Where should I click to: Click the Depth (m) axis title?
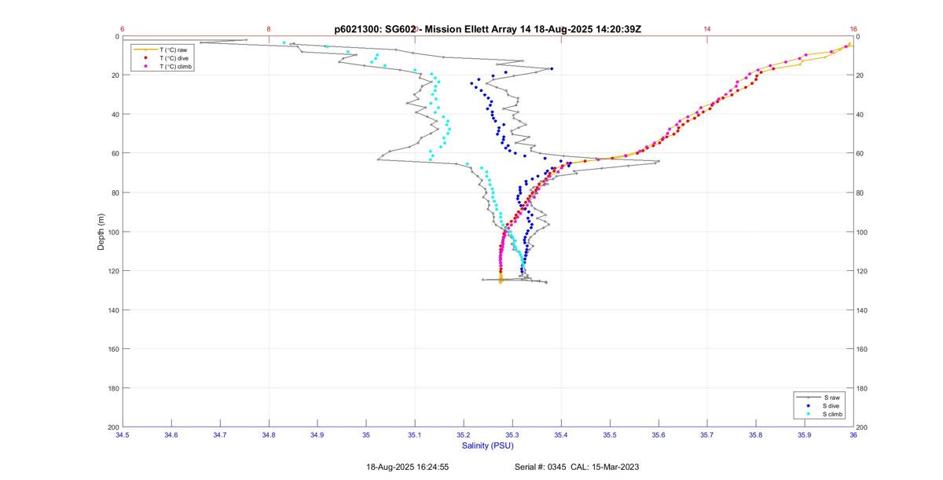(101, 232)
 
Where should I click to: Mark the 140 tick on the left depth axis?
(113, 310)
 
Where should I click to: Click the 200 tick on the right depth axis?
(861, 427)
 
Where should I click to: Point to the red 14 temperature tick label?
(707, 29)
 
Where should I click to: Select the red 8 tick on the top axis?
(269, 29)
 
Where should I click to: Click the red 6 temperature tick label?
(123, 29)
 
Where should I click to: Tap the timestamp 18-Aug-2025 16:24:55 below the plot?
(407, 467)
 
